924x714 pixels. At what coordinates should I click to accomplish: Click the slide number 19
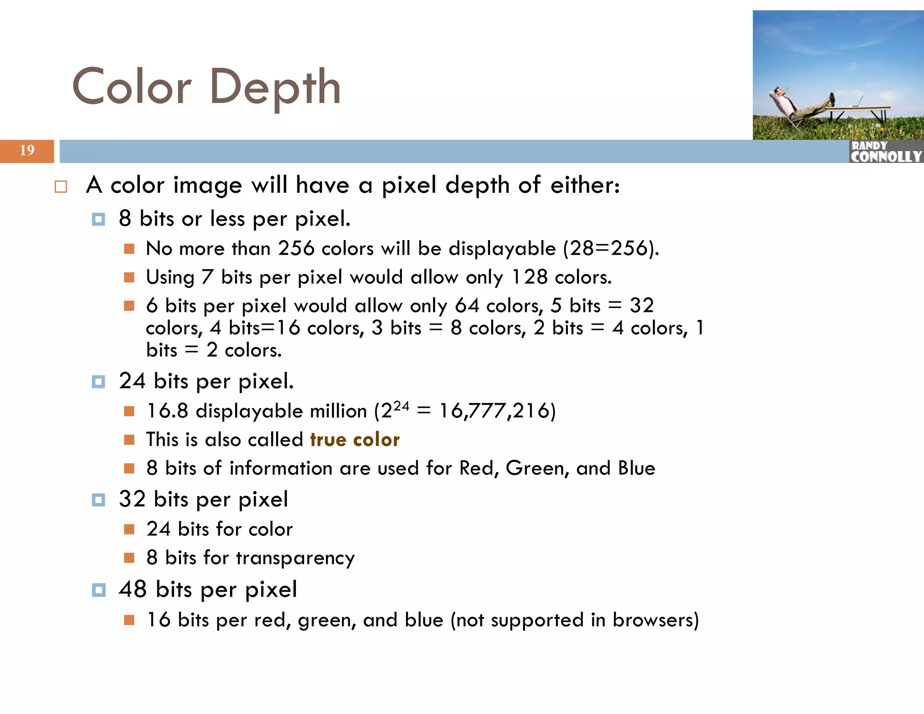[x=27, y=150]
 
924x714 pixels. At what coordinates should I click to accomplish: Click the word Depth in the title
[x=275, y=87]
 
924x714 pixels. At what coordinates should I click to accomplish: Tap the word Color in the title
[x=132, y=87]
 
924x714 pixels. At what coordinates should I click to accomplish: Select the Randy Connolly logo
[x=886, y=152]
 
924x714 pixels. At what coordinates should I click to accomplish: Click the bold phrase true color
[x=355, y=440]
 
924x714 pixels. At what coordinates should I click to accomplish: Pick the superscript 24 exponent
[x=401, y=406]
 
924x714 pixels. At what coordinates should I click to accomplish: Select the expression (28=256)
[x=611, y=249]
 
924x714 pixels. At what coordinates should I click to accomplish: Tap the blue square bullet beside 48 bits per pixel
[x=98, y=590]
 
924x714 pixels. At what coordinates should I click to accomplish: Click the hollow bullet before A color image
[x=61, y=187]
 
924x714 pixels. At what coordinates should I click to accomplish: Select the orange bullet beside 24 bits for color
[x=129, y=529]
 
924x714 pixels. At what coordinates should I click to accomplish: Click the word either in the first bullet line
[x=585, y=185]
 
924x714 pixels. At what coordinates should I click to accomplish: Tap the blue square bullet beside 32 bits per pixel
[x=98, y=500]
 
